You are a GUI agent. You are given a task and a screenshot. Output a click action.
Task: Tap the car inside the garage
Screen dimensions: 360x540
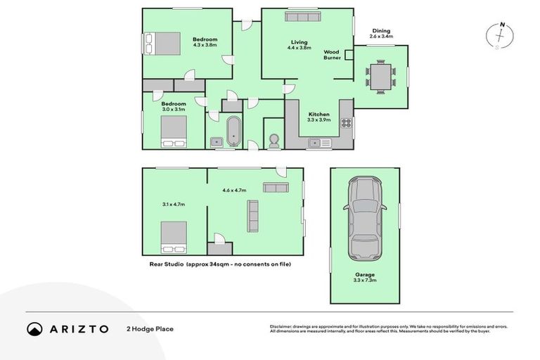[x=365, y=217]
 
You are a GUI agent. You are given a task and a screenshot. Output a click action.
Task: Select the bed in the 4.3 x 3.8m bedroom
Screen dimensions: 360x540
[x=162, y=44]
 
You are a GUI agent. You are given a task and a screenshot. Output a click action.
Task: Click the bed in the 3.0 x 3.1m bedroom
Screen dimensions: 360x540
[x=174, y=131]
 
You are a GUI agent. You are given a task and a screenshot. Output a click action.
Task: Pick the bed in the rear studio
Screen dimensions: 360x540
[x=174, y=237]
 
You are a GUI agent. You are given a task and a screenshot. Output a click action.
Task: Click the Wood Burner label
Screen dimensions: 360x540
[x=333, y=55]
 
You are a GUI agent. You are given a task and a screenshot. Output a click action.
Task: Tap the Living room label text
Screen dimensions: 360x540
[x=299, y=42]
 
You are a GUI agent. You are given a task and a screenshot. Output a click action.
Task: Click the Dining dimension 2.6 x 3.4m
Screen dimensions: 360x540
[x=382, y=36]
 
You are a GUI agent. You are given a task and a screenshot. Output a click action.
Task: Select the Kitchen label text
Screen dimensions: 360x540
[x=319, y=114]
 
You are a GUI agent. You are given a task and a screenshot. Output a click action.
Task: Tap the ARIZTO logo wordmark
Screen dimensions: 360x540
[x=78, y=328]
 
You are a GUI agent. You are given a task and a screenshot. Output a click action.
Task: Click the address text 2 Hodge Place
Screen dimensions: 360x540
[x=150, y=328]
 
